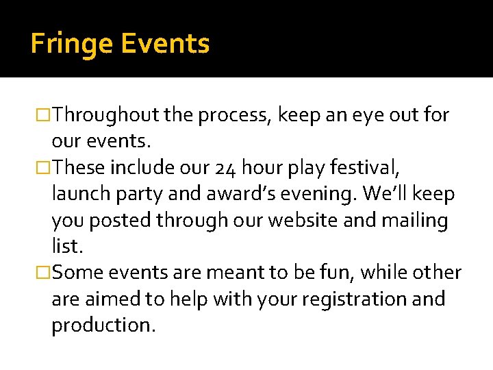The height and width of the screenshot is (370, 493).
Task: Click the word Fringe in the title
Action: tap(72, 45)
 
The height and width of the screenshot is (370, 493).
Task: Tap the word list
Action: tap(65, 247)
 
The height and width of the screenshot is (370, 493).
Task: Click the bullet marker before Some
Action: tap(45, 273)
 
